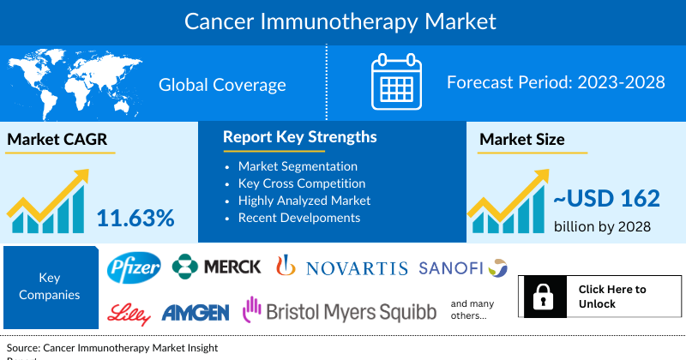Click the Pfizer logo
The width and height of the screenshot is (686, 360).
point(134,269)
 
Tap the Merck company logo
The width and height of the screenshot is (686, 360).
point(217,267)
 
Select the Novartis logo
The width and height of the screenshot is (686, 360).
point(341,268)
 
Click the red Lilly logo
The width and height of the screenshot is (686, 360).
point(129,311)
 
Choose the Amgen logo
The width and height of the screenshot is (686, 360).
point(195,312)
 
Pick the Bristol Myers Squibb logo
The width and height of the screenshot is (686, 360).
point(340,310)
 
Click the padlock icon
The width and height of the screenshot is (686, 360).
point(542,297)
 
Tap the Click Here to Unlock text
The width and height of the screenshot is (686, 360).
point(612,297)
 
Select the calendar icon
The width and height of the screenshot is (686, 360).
point(396,83)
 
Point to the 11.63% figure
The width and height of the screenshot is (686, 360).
point(135,218)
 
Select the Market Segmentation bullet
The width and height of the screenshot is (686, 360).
point(298,166)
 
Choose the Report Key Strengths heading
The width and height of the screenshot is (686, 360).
point(299,137)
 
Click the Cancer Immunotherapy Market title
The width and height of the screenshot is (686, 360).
point(340,20)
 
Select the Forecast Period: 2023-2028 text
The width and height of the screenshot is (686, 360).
point(557,83)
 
